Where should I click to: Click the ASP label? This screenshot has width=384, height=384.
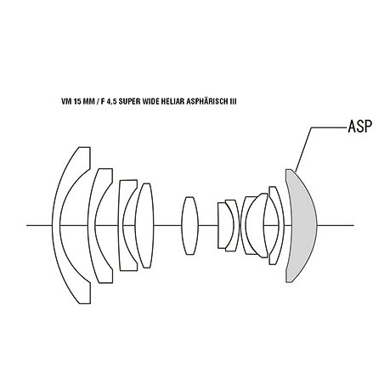(359, 127)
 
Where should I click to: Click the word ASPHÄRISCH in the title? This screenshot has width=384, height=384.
(206, 101)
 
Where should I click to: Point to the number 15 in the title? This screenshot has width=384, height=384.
(77, 101)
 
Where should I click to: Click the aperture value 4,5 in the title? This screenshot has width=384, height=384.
(111, 102)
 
